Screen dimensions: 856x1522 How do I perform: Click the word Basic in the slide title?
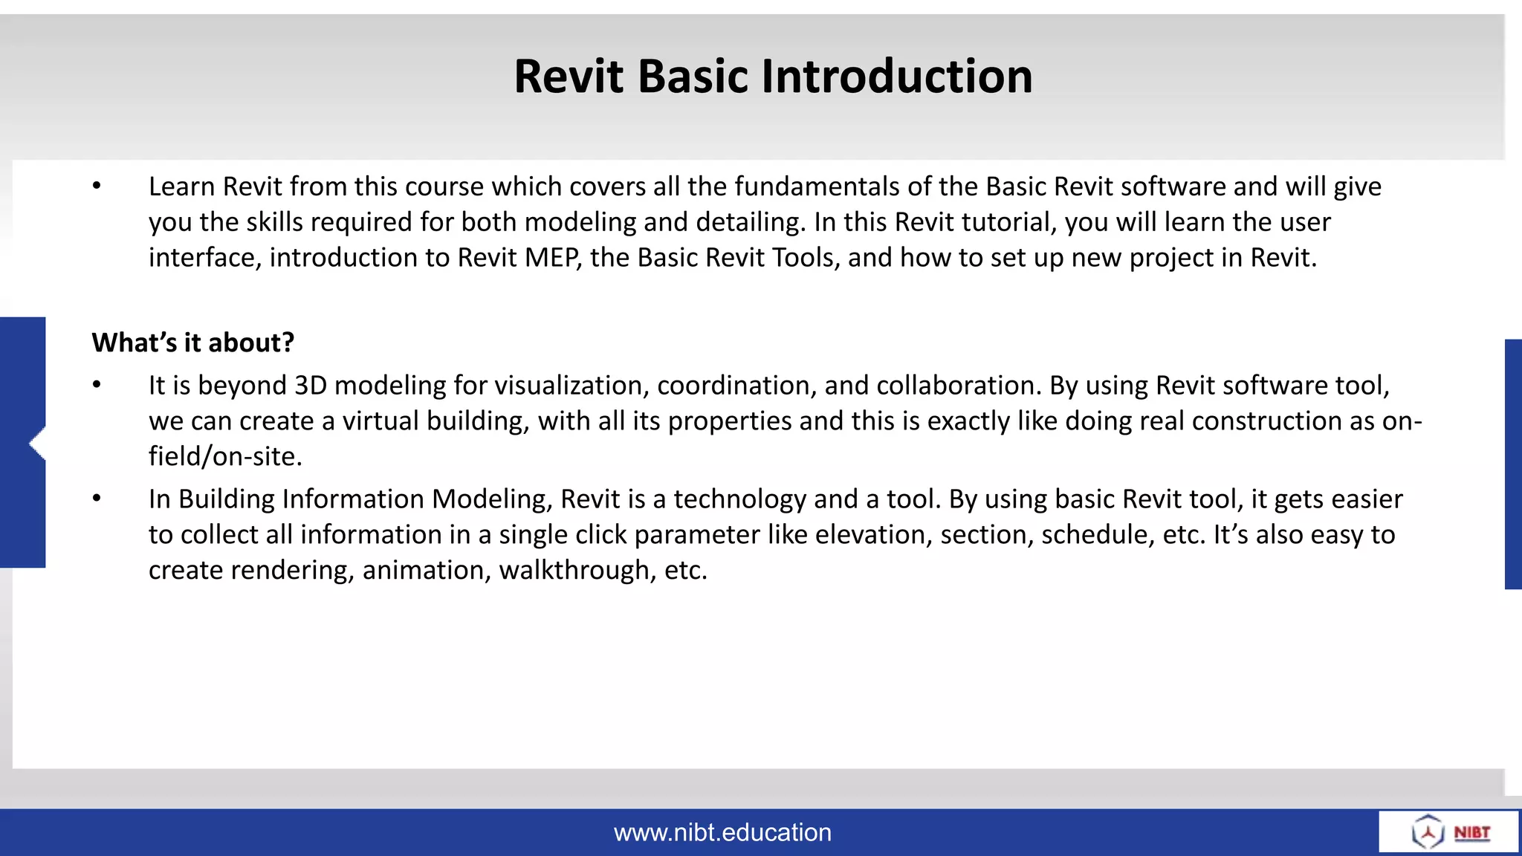point(692,77)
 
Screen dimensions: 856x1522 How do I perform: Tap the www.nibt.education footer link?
point(722,832)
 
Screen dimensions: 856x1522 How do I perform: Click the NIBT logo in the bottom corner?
point(1450,832)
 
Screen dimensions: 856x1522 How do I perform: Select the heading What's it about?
point(193,343)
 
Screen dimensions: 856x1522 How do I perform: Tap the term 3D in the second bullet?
point(311,386)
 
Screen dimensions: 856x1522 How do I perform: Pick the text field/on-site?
point(225,456)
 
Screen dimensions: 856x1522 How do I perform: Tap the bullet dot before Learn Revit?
point(97,187)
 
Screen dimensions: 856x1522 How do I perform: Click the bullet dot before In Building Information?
point(97,499)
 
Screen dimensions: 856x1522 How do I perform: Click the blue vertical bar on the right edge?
point(1513,464)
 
